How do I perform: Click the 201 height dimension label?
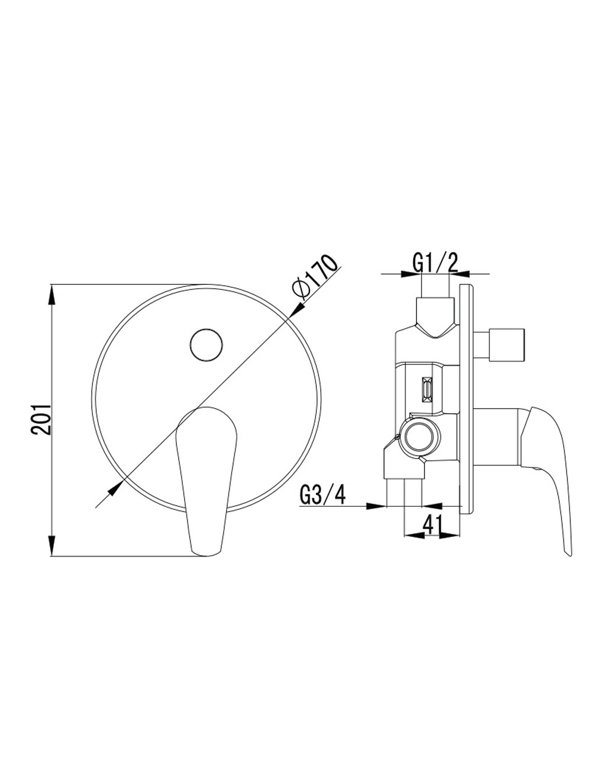click(x=42, y=420)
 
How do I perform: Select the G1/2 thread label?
click(x=435, y=263)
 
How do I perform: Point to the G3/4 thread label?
click(x=323, y=495)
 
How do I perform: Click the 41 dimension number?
click(x=433, y=526)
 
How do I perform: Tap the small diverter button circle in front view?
click(x=207, y=345)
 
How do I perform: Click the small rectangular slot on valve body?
click(x=427, y=389)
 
